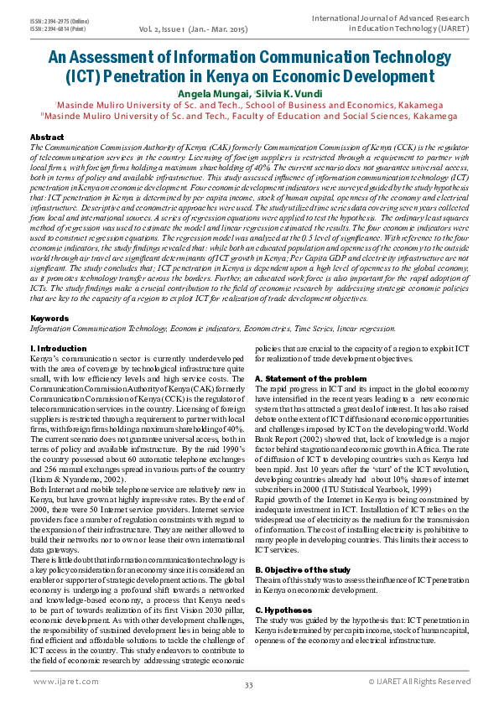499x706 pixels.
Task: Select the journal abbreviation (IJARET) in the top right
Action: pyautogui.click(x=451, y=28)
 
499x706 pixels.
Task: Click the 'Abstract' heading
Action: pyautogui.click(x=46, y=136)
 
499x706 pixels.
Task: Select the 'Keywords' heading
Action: pyautogui.click(x=49, y=319)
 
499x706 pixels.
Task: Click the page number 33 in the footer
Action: pyautogui.click(x=249, y=686)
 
